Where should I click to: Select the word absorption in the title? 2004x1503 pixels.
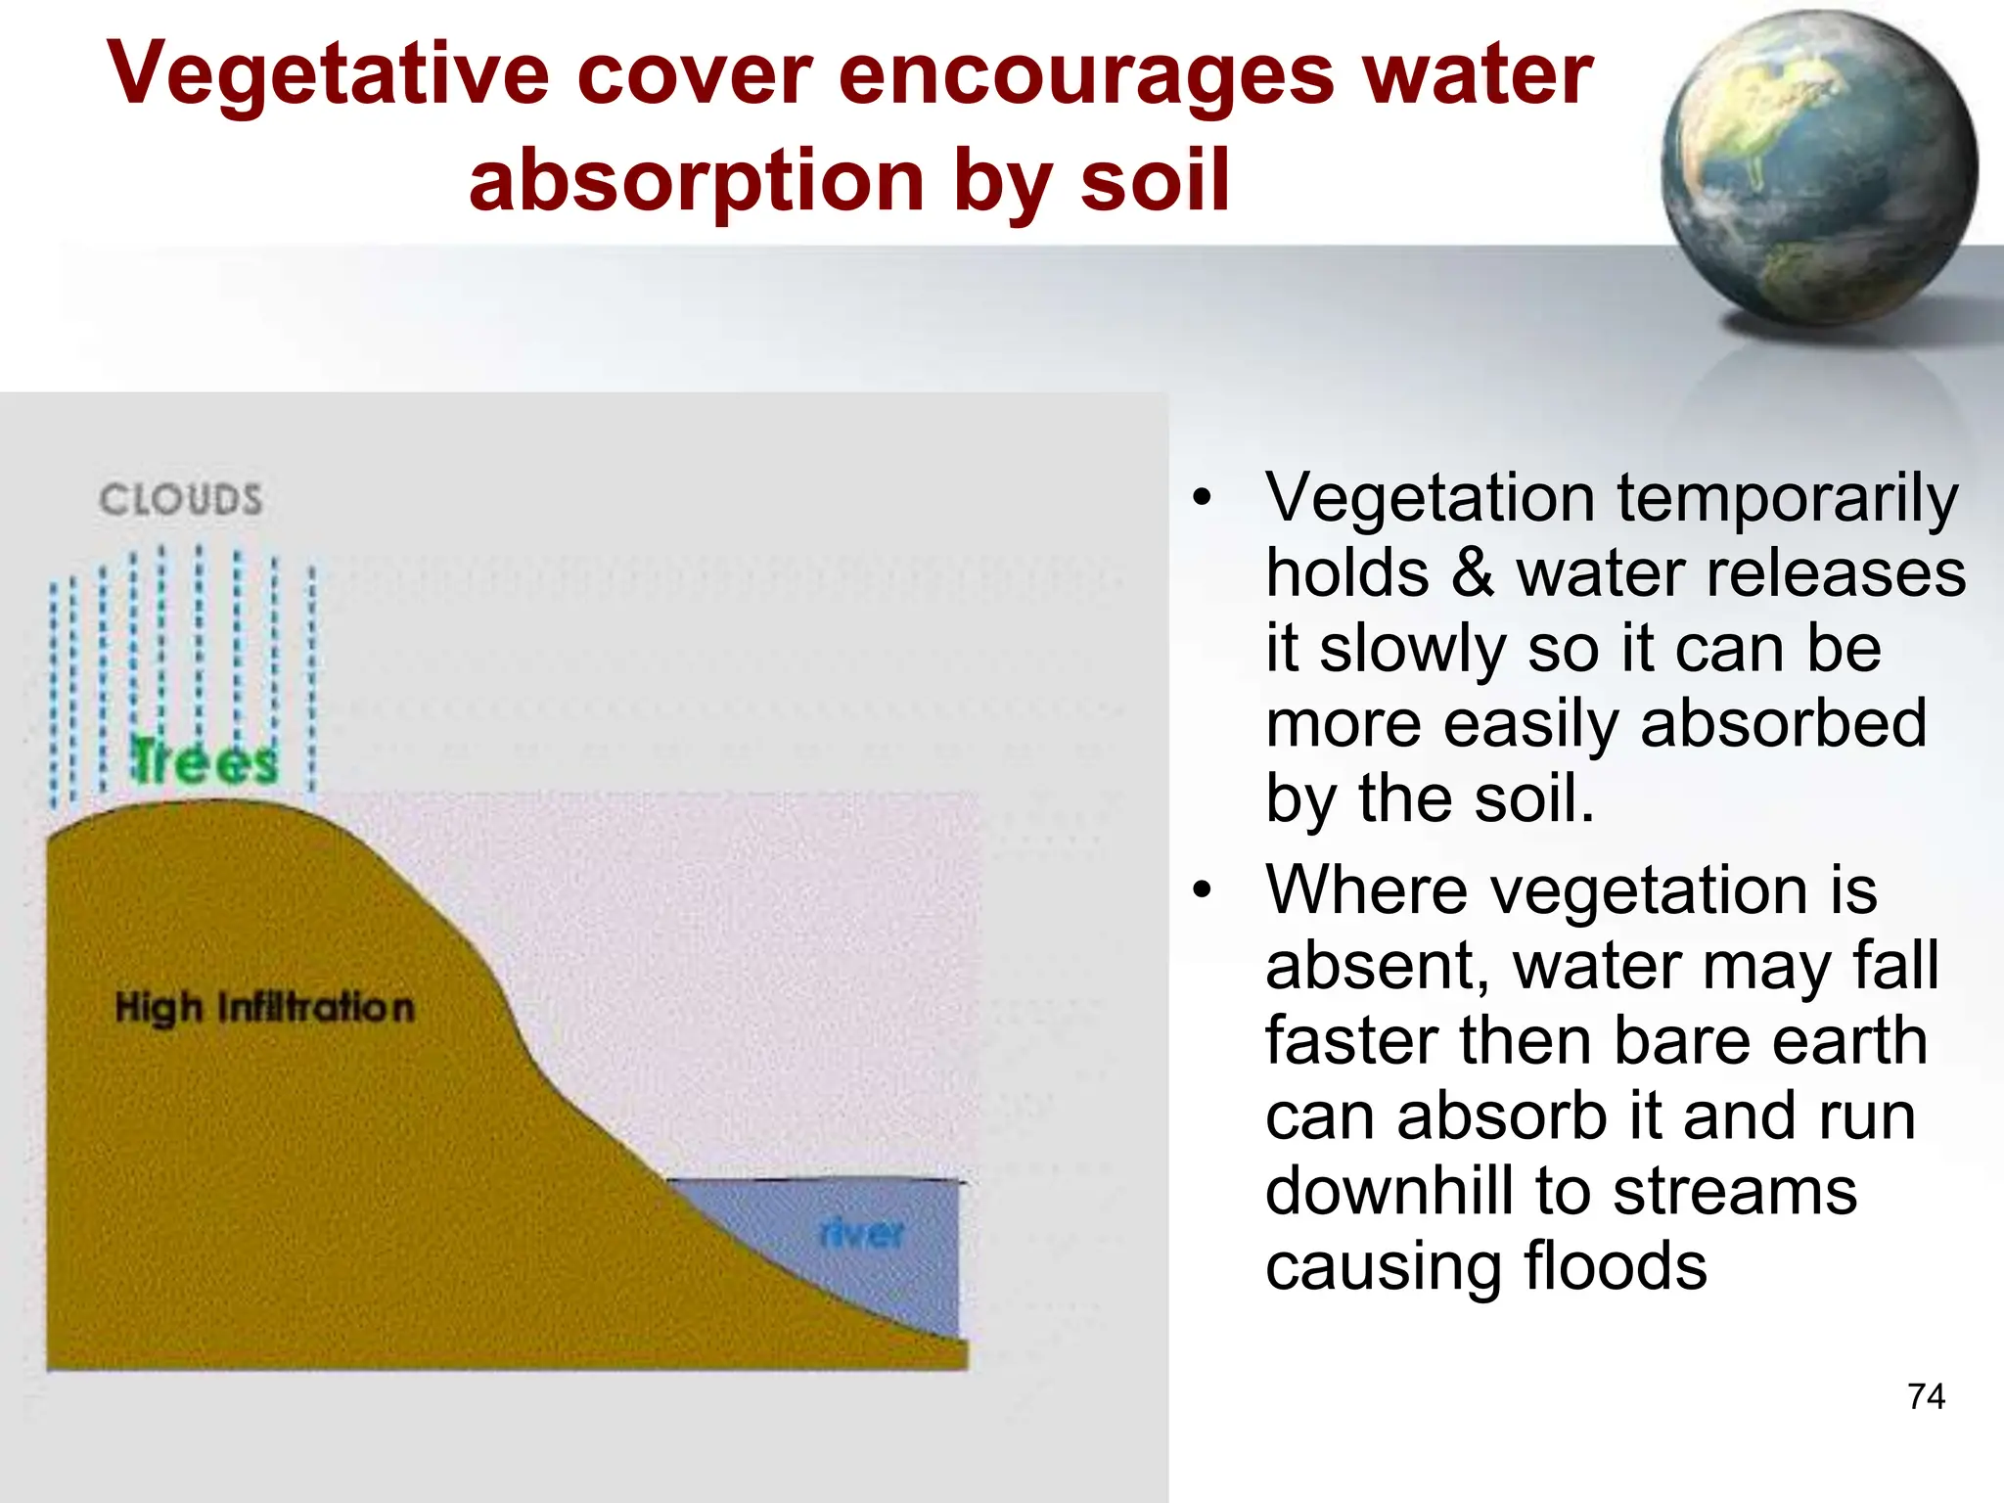(697, 181)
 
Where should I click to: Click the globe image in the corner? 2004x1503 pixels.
(1818, 171)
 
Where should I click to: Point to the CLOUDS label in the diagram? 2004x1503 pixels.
(181, 500)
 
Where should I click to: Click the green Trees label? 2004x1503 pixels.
(205, 762)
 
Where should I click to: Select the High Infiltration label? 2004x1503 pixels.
(264, 1007)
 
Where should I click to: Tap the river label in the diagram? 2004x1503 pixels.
(862, 1233)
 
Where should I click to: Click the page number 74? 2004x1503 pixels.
(1926, 1395)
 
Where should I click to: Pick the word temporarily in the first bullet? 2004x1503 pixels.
(1787, 498)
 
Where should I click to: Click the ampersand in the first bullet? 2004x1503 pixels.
(1473, 573)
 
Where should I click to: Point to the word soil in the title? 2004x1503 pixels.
(1155, 181)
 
